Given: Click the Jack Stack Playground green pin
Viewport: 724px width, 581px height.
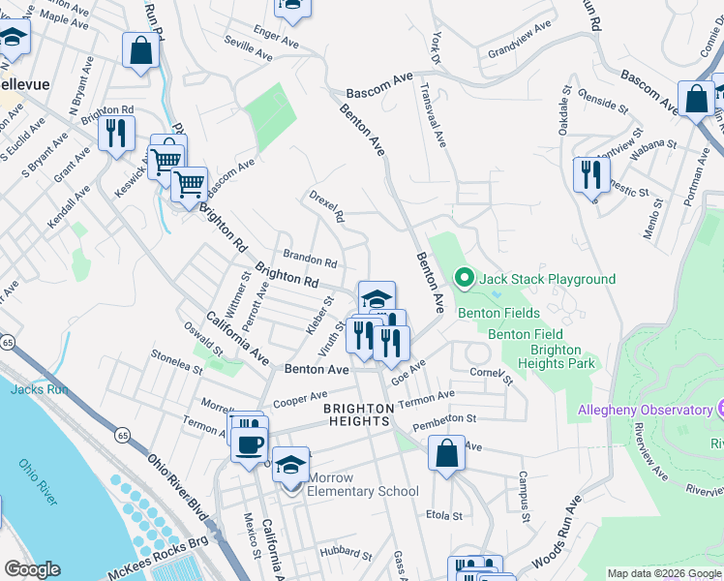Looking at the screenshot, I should (x=465, y=279).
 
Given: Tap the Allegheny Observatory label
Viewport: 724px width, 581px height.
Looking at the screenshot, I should (x=644, y=410).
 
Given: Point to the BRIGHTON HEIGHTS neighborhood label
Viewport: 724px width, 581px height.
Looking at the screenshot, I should (x=358, y=414).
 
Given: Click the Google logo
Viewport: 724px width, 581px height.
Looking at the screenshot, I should (x=32, y=569).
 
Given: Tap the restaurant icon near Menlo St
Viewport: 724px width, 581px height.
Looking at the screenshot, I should (x=590, y=174).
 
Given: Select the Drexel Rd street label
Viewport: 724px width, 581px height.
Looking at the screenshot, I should (x=327, y=205).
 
